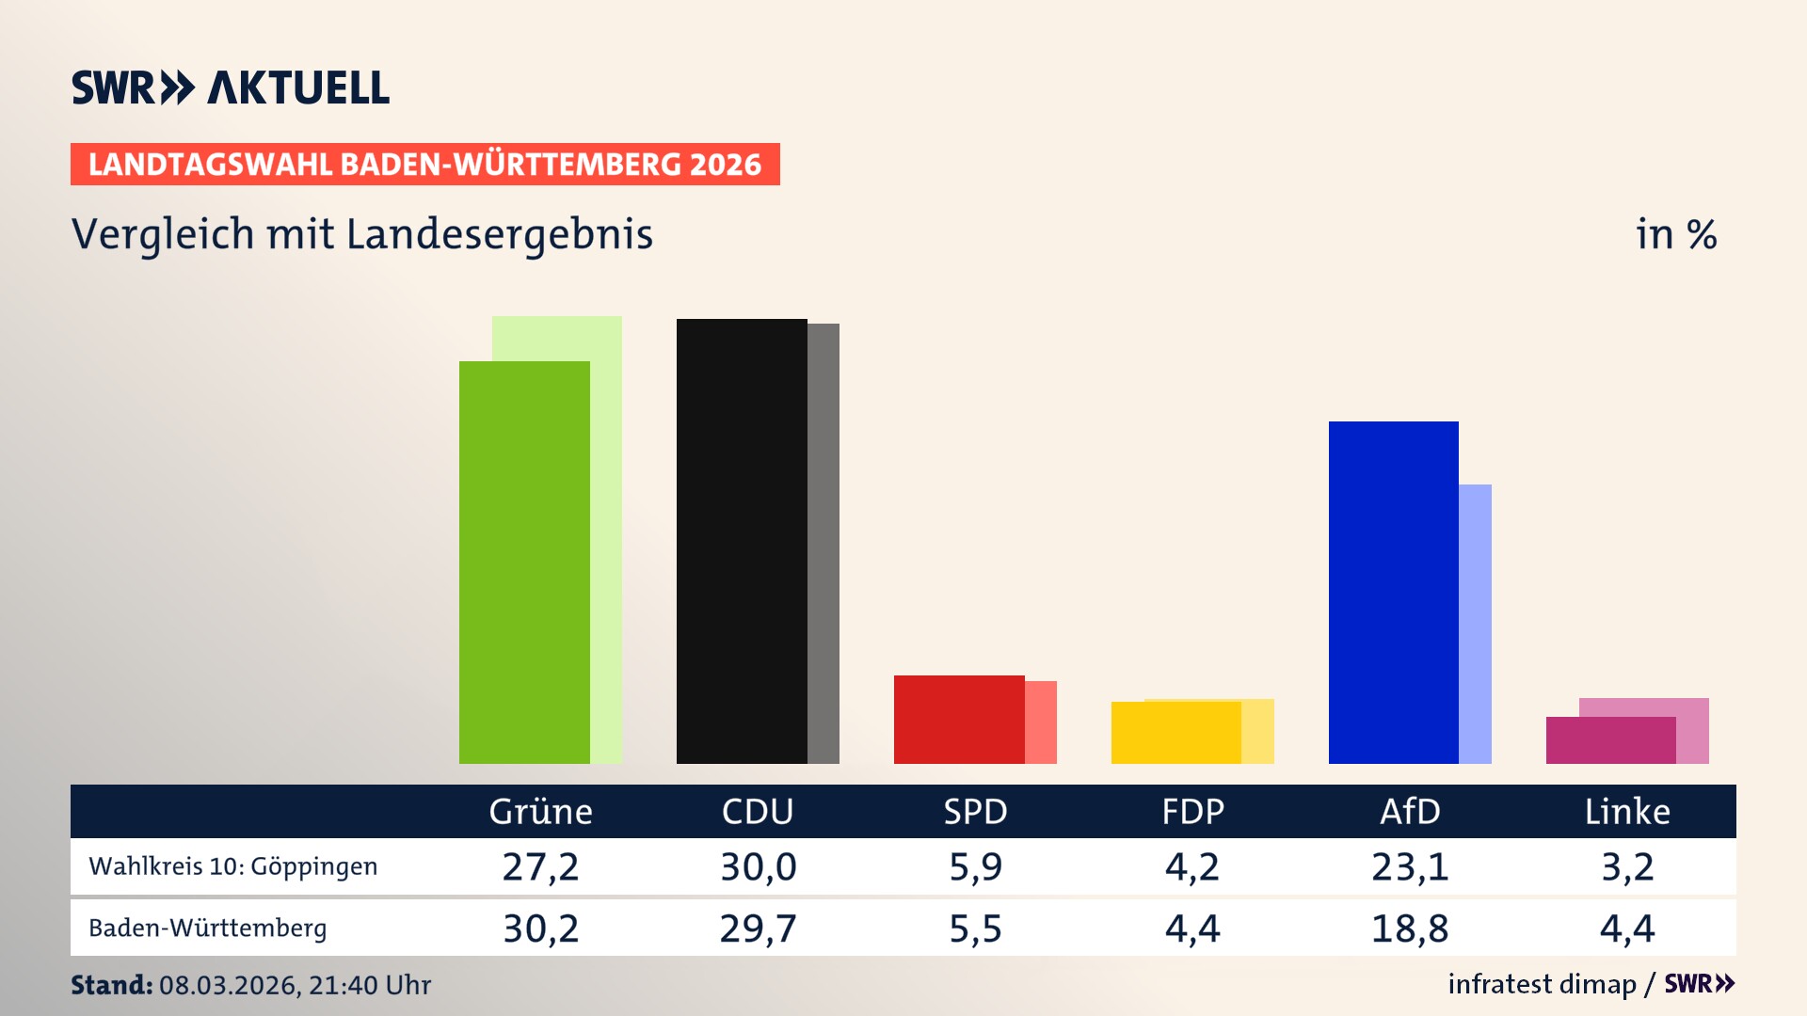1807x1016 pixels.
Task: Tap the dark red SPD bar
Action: pyautogui.click(x=959, y=720)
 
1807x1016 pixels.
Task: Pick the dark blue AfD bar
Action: pyautogui.click(x=1393, y=593)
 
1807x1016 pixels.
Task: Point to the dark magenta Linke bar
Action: pyautogui.click(x=1610, y=740)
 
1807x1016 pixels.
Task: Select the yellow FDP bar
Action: pyautogui.click(x=1176, y=733)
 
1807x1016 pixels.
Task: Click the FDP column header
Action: pyautogui.click(x=1192, y=812)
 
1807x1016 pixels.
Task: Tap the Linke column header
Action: pyautogui.click(x=1627, y=812)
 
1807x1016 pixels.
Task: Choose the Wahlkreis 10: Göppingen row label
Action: pyautogui.click(x=232, y=866)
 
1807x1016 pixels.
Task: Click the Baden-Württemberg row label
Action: pyautogui.click(x=208, y=929)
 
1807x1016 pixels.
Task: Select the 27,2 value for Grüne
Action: pyautogui.click(x=540, y=866)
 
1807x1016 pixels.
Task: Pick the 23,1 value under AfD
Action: pyautogui.click(x=1410, y=866)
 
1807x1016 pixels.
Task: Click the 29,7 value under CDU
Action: pyautogui.click(x=758, y=929)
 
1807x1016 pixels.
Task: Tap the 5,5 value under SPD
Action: pyautogui.click(x=975, y=929)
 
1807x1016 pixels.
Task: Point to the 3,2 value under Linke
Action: pyautogui.click(x=1627, y=866)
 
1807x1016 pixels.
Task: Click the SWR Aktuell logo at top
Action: pyautogui.click(x=231, y=87)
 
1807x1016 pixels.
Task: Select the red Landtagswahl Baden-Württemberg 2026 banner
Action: pyautogui.click(x=424, y=165)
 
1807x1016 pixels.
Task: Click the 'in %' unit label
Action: pyautogui.click(x=1675, y=234)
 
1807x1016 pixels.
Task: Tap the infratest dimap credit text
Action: pyautogui.click(x=1542, y=984)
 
